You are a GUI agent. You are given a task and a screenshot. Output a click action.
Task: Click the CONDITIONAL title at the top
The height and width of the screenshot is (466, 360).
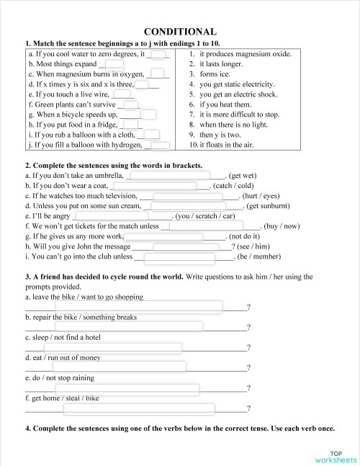click(180, 32)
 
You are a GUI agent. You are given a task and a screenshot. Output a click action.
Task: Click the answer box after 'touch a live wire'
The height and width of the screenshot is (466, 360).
click(124, 94)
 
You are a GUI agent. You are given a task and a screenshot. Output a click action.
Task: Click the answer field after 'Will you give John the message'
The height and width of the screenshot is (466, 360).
click(190, 246)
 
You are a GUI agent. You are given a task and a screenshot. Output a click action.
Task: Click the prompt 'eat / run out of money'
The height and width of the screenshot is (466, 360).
click(65, 357)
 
